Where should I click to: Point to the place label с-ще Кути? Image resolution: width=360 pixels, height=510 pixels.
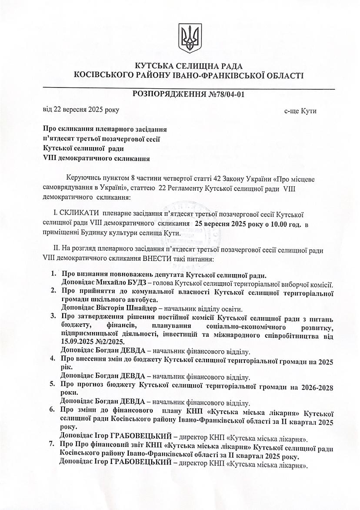(x=300, y=111)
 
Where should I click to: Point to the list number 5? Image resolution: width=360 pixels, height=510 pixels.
(x=52, y=384)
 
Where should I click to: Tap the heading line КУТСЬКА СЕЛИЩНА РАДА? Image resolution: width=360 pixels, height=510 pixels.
(x=189, y=66)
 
